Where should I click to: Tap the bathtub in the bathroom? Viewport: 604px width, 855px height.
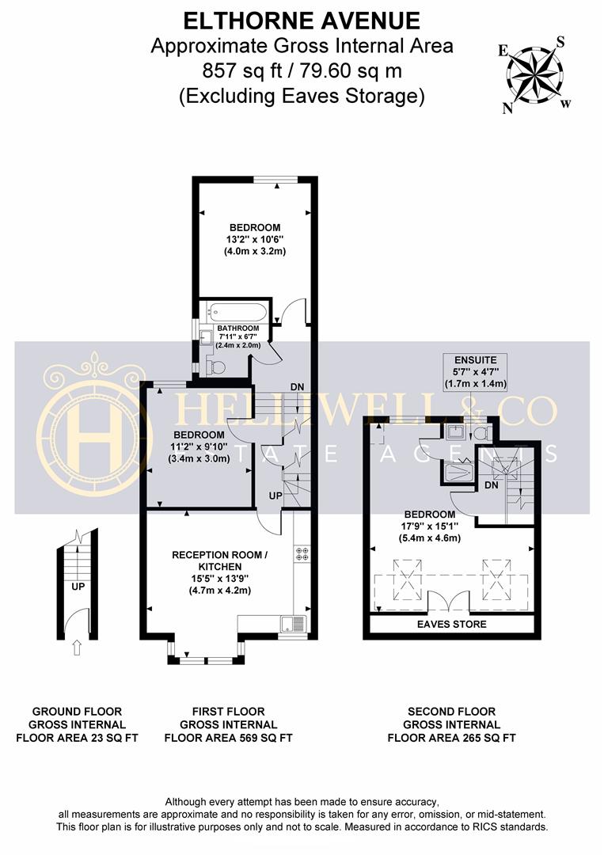point(237,313)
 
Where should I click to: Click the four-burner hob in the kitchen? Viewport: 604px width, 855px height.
point(302,554)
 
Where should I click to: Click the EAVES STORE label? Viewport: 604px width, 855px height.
point(452,625)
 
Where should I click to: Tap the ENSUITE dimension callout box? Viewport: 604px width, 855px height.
point(476,372)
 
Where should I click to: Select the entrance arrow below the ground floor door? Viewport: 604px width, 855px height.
point(77,648)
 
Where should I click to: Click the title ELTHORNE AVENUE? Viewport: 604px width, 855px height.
point(302,21)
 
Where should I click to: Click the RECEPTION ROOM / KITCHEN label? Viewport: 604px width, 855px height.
point(220,560)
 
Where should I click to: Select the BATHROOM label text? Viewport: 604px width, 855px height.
point(238,329)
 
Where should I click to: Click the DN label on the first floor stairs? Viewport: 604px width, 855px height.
point(297,387)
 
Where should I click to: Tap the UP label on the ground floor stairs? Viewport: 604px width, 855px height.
point(78,587)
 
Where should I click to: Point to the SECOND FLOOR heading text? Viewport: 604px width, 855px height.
point(452,712)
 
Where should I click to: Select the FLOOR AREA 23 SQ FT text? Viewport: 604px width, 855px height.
point(77,739)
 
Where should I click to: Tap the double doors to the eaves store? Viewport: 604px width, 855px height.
point(449,601)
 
